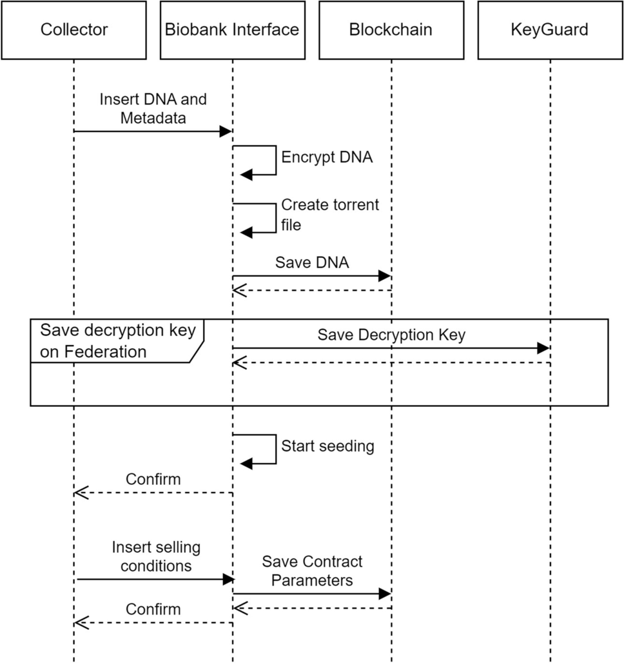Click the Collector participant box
pos(73,30)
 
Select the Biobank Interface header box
pos(232,30)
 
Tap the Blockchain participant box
pos(391,30)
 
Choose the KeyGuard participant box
pos(550,30)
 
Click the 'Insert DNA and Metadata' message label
pos(153,108)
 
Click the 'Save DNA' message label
pos(311,262)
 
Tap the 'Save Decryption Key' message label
pos(391,335)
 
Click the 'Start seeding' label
pos(327,446)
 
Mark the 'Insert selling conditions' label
pos(156,556)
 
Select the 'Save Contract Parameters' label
pos(312,571)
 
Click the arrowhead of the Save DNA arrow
pos(385,276)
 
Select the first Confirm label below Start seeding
pos(153,479)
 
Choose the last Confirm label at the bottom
pos(153,609)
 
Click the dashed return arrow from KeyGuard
pos(391,363)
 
